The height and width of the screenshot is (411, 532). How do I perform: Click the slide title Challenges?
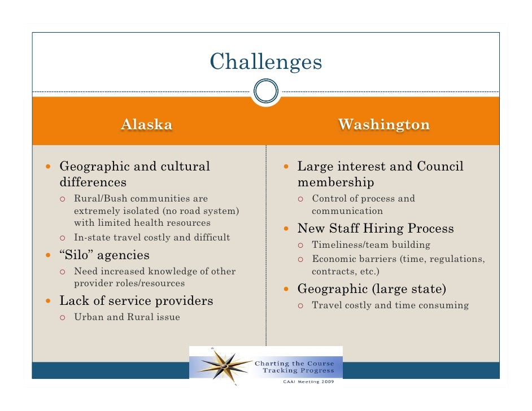click(x=265, y=62)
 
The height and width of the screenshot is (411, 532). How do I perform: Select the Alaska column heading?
click(x=146, y=124)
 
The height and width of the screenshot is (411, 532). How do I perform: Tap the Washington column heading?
click(x=383, y=124)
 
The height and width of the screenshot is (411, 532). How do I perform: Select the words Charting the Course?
click(x=295, y=363)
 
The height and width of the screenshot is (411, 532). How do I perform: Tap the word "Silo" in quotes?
click(x=77, y=255)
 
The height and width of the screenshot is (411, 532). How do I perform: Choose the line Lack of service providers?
click(x=136, y=300)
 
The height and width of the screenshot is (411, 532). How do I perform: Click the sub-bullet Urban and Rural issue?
click(x=127, y=317)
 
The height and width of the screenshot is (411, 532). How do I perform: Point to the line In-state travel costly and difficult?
click(x=152, y=237)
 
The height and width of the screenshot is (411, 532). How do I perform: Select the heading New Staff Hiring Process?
click(x=376, y=229)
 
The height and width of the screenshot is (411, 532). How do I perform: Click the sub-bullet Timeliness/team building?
click(x=371, y=245)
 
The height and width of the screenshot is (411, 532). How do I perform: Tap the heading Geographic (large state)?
click(x=372, y=289)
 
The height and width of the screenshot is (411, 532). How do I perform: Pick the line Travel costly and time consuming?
click(x=390, y=305)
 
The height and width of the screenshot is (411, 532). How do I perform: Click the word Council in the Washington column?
click(x=439, y=167)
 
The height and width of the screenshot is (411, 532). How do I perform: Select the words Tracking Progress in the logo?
click(x=299, y=371)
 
